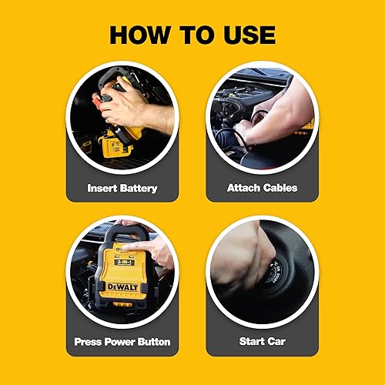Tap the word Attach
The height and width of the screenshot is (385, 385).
coord(245,187)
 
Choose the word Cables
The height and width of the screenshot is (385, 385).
coord(280,187)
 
